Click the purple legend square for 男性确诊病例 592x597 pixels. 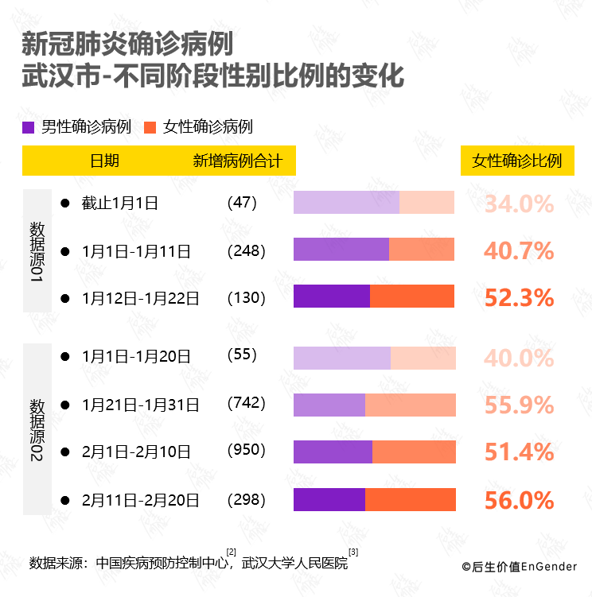point(29,127)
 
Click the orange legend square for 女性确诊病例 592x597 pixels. point(150,127)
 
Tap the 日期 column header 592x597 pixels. point(104,161)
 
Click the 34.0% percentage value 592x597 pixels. point(519,204)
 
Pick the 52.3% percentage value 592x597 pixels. point(519,298)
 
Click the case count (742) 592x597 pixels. point(246,404)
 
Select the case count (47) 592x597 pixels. point(242,203)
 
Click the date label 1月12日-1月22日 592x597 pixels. point(140,299)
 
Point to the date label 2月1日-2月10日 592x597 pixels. point(136,452)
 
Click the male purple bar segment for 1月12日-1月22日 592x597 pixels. point(332,297)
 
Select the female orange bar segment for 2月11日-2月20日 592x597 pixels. point(410,500)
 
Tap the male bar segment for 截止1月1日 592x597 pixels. point(346,203)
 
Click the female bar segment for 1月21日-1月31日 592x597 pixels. point(410,405)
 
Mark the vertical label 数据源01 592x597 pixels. point(37,250)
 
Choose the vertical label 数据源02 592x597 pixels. point(37,429)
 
